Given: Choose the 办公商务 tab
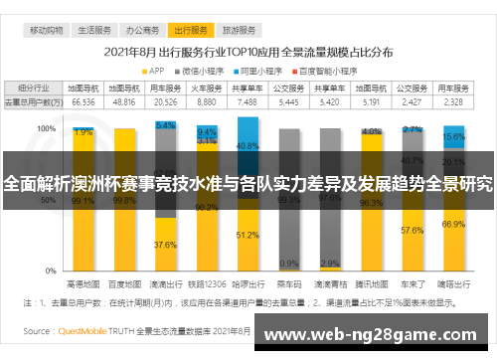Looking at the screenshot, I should pyautogui.click(x=145, y=31).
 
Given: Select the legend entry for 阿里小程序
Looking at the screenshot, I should pyautogui.click(x=264, y=71).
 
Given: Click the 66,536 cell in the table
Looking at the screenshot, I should pyautogui.click(x=83, y=101).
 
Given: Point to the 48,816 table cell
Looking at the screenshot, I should pyautogui.click(x=124, y=101).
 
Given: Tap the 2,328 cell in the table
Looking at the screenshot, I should pyautogui.click(x=453, y=101).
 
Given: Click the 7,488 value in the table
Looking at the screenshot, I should pyautogui.click(x=248, y=101).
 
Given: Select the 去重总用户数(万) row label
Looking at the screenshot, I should pyautogui.click(x=34, y=101).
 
